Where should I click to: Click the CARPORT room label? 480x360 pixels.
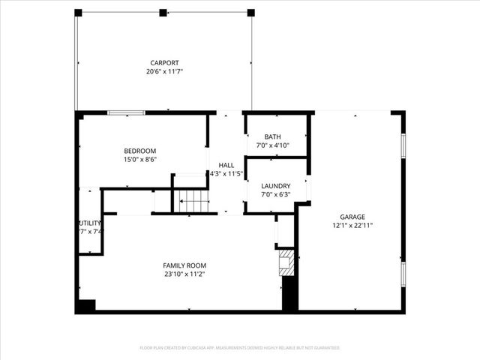[164, 63]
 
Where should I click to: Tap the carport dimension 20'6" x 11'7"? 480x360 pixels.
[164, 71]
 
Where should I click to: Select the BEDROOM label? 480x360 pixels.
[140, 151]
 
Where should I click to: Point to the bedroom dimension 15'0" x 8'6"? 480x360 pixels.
[140, 159]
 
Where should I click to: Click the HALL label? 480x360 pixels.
[226, 165]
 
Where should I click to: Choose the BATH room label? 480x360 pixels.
[272, 136]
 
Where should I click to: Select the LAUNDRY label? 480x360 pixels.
[275, 186]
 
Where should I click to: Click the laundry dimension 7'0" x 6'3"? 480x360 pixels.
[275, 194]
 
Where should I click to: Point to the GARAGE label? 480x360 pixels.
[351, 216]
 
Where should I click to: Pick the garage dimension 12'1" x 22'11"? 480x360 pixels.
[351, 224]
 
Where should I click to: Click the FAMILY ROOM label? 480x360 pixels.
[184, 265]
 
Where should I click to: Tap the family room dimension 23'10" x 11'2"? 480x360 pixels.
[184, 274]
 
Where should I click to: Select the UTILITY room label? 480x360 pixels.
[89, 223]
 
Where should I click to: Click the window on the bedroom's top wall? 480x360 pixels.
[126, 112]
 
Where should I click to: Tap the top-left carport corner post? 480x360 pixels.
[78, 13]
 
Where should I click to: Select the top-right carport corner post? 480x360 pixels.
[250, 13]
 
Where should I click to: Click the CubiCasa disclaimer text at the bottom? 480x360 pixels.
[239, 348]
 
